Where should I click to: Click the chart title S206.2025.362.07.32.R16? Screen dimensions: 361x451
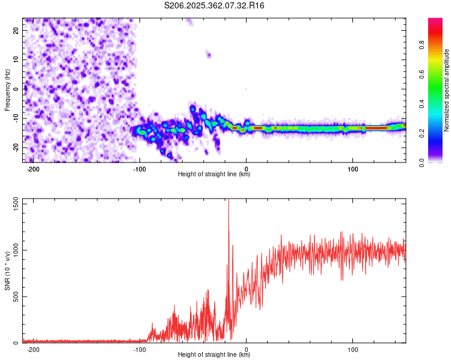pyautogui.click(x=215, y=5)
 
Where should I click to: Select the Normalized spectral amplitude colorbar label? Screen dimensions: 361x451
pyautogui.click(x=447, y=90)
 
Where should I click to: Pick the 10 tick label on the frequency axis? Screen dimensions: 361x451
pyautogui.click(x=16, y=59)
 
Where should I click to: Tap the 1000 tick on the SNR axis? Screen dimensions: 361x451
pyautogui.click(x=13, y=250)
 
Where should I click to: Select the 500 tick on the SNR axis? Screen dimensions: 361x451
pyautogui.click(x=14, y=297)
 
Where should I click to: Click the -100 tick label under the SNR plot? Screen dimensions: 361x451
pyautogui.click(x=140, y=350)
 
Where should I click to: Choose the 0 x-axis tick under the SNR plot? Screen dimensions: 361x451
pyautogui.click(x=247, y=350)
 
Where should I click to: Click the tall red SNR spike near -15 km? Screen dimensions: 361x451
pyautogui.click(x=229, y=211)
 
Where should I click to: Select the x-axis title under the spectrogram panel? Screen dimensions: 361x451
pyautogui.click(x=214, y=175)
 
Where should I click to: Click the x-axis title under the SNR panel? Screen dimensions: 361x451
pyautogui.click(x=214, y=355)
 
